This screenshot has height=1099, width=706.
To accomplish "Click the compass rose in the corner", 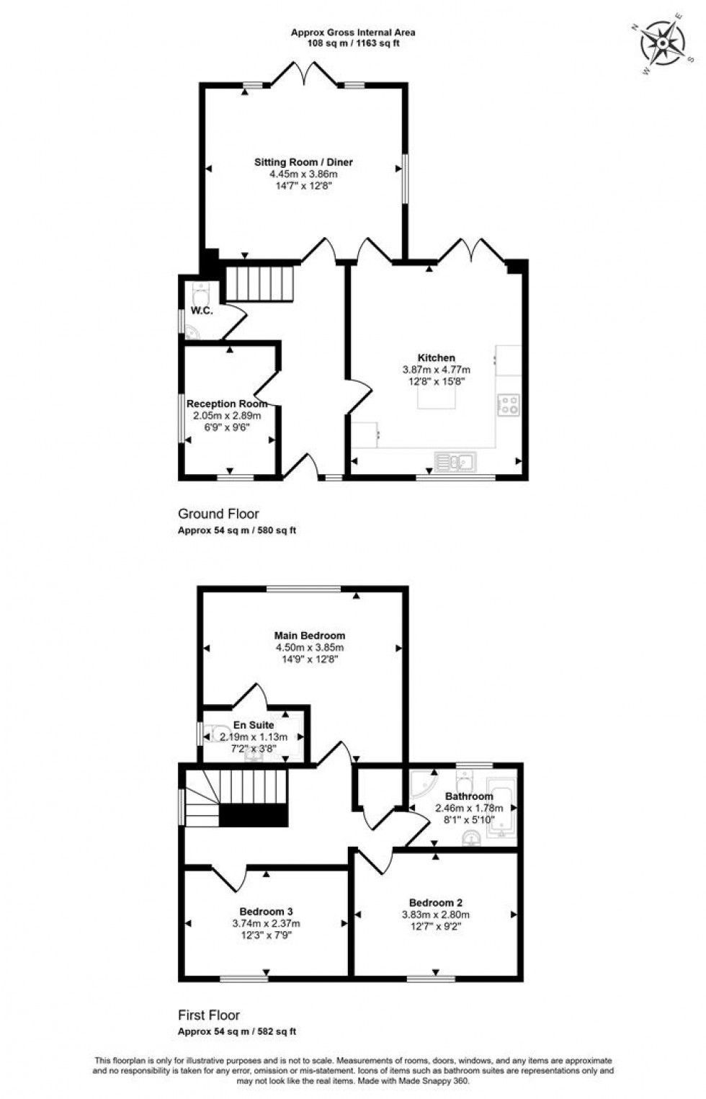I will click(x=662, y=43).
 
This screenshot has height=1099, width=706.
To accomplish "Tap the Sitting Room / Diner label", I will click(x=303, y=162).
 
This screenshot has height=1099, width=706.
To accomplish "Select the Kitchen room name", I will click(x=436, y=357).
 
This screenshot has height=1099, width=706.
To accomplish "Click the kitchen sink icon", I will click(x=454, y=460).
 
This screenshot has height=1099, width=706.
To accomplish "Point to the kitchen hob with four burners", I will click(x=509, y=404).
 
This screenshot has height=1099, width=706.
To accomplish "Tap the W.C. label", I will click(x=202, y=311).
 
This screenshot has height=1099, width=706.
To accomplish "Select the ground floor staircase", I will click(x=260, y=283).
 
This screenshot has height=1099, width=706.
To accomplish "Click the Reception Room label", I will click(x=227, y=404).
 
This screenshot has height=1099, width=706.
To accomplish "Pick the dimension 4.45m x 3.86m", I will click(x=303, y=174).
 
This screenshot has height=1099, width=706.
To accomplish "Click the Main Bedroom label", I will click(x=310, y=636).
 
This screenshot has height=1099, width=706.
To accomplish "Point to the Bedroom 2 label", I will click(x=435, y=902).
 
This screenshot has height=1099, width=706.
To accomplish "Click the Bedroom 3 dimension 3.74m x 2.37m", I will click(x=266, y=923).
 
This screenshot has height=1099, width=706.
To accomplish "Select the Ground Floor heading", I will click(x=218, y=514).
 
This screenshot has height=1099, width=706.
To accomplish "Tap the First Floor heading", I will click(x=209, y=1015).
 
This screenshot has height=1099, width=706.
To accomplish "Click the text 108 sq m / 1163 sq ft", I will click(x=353, y=43).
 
